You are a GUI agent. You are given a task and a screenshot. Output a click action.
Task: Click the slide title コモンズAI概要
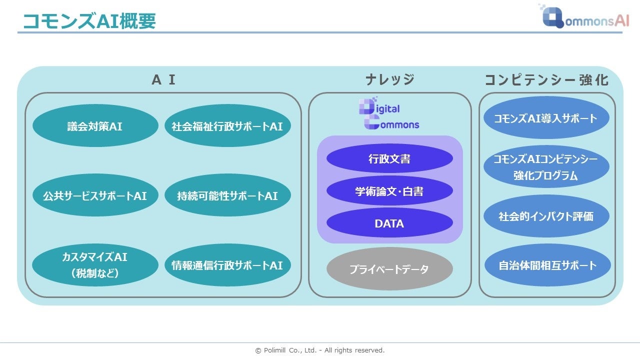pos(89,21)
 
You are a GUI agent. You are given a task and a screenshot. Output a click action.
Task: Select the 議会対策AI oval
pos(95,126)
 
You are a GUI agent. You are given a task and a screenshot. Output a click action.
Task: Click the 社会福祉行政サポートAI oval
pos(227,126)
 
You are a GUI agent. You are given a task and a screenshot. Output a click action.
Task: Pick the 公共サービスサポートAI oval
pos(95,195)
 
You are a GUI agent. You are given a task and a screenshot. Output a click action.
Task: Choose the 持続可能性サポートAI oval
pos(227,195)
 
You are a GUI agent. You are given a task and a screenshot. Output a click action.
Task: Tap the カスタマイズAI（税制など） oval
pos(95,265)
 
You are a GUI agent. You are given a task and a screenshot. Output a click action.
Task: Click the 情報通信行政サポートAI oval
pos(227,265)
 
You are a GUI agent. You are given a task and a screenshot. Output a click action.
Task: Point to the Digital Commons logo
pos(389,115)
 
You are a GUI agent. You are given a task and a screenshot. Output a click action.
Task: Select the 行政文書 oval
pos(389,159)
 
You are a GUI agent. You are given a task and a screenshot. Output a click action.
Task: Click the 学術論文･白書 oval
pos(389,191)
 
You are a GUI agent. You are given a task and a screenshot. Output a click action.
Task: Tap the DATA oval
pos(389,223)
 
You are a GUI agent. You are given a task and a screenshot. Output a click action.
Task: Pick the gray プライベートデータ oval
pos(389,269)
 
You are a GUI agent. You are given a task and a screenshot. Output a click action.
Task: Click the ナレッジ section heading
pos(389,80)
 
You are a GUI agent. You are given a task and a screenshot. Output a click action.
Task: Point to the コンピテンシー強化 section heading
pos(546,80)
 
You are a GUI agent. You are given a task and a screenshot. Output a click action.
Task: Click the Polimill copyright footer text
pos(320,350)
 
